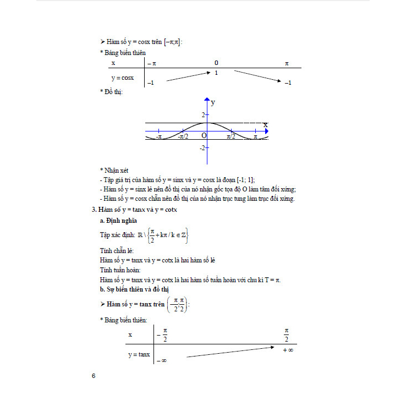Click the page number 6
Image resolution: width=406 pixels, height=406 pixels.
point(94,376)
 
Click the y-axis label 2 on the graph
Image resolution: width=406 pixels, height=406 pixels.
point(202,114)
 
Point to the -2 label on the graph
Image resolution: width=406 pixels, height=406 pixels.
point(202,147)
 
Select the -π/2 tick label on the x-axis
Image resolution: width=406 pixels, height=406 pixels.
point(184,136)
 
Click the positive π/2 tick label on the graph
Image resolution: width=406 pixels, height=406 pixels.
point(232,136)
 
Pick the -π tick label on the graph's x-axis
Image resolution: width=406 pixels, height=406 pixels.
point(158,136)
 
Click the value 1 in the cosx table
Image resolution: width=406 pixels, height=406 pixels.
point(217,73)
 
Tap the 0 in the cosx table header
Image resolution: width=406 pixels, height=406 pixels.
point(216,63)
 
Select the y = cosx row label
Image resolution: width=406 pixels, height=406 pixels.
point(123,78)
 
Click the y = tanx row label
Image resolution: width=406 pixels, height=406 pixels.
point(139,355)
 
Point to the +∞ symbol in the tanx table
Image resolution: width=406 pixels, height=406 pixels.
point(287,350)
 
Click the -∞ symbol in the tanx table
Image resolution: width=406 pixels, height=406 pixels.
point(162,360)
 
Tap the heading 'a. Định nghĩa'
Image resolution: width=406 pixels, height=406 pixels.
point(119,220)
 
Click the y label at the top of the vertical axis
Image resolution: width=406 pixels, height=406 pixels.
point(213,102)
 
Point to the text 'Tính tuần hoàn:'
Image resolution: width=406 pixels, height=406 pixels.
point(120,270)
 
